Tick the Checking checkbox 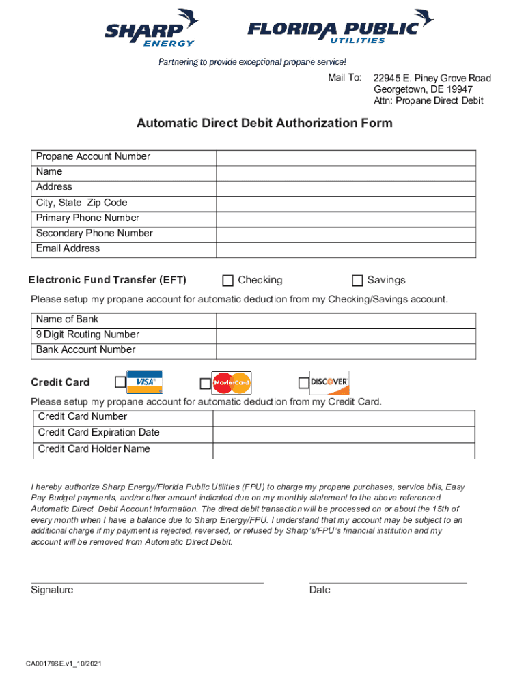point(227,281)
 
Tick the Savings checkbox point(357,281)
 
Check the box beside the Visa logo point(120,382)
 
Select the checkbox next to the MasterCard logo point(206,384)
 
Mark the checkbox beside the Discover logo point(304,384)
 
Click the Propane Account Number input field point(346,157)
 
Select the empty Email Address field point(346,250)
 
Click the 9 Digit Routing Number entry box point(346,335)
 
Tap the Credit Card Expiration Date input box point(344,434)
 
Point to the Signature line point(147,582)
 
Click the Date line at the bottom point(388,582)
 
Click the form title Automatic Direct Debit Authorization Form point(264,124)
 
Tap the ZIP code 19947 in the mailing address point(458,89)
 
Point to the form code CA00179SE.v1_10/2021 point(65,664)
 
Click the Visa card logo point(145,382)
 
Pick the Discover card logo point(329,382)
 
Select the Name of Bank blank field point(346,319)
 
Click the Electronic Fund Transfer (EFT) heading point(107,281)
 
